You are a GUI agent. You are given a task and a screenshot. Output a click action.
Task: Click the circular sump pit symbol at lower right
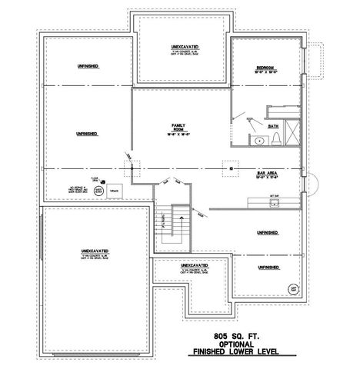[x=293, y=290]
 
